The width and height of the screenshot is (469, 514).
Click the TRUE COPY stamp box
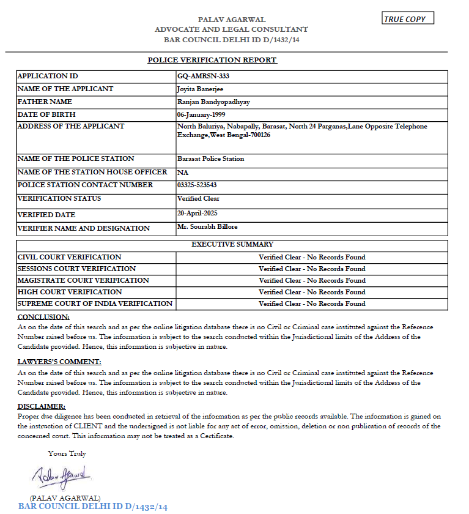(x=408, y=19)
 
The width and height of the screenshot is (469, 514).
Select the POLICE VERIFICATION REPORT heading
(x=212, y=60)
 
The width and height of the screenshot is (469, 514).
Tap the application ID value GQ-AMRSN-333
(x=203, y=76)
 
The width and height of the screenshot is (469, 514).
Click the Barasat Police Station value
(x=210, y=159)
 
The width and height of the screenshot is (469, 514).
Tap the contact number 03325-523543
(x=197, y=185)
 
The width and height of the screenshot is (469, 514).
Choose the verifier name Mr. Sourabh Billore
(x=207, y=226)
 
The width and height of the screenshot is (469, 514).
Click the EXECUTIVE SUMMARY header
(x=232, y=245)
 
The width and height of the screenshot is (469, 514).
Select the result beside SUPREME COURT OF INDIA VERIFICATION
(x=312, y=304)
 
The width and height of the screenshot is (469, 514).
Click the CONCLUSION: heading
(x=43, y=317)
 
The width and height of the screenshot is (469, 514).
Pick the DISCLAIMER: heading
(x=42, y=406)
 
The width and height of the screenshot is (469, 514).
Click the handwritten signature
(x=61, y=475)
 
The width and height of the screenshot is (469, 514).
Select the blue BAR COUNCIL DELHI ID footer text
(x=93, y=507)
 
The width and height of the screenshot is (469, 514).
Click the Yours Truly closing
(x=67, y=454)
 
